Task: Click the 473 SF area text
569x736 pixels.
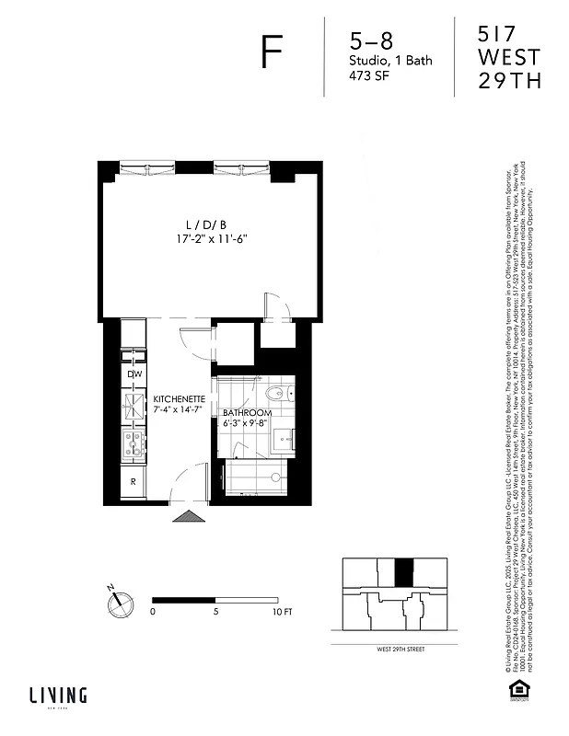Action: click(367, 77)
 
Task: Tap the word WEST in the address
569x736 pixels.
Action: click(508, 58)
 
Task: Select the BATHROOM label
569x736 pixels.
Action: click(247, 413)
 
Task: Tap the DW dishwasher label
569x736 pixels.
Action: click(134, 374)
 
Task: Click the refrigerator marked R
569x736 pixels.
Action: click(134, 481)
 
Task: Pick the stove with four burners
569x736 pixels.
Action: click(134, 444)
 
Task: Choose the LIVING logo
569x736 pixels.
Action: click(57, 695)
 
